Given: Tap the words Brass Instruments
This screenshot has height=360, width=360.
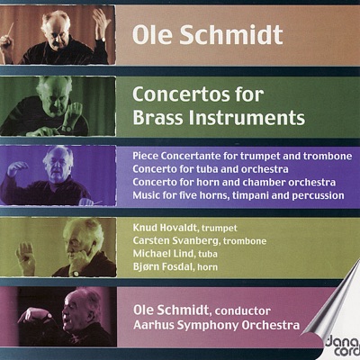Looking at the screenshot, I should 219,116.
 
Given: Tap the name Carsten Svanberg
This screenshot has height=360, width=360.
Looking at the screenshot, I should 167,242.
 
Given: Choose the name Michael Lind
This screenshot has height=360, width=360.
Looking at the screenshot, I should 157,256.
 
